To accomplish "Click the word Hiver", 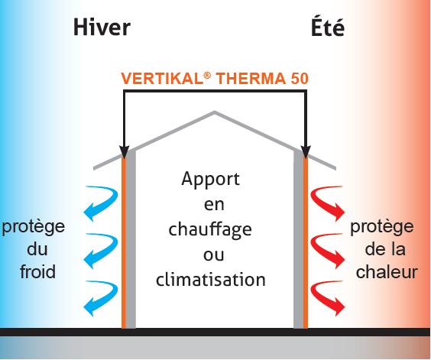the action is [102, 28].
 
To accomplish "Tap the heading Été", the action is [328, 27].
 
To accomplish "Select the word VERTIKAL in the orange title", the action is [162, 79].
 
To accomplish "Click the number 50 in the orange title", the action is [300, 79].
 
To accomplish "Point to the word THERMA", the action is [251, 79].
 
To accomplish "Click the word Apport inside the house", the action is [211, 180].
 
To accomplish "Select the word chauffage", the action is [210, 229].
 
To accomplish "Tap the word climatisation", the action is [211, 279].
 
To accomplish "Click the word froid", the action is [37, 271].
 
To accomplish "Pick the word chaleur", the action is [387, 271].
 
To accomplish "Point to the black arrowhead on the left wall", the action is [124, 152].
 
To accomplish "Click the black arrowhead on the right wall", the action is [306, 152].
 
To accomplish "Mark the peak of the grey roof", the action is [215, 112].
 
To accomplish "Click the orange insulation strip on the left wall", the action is [124, 242].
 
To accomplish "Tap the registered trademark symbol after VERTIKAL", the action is [208, 75].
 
